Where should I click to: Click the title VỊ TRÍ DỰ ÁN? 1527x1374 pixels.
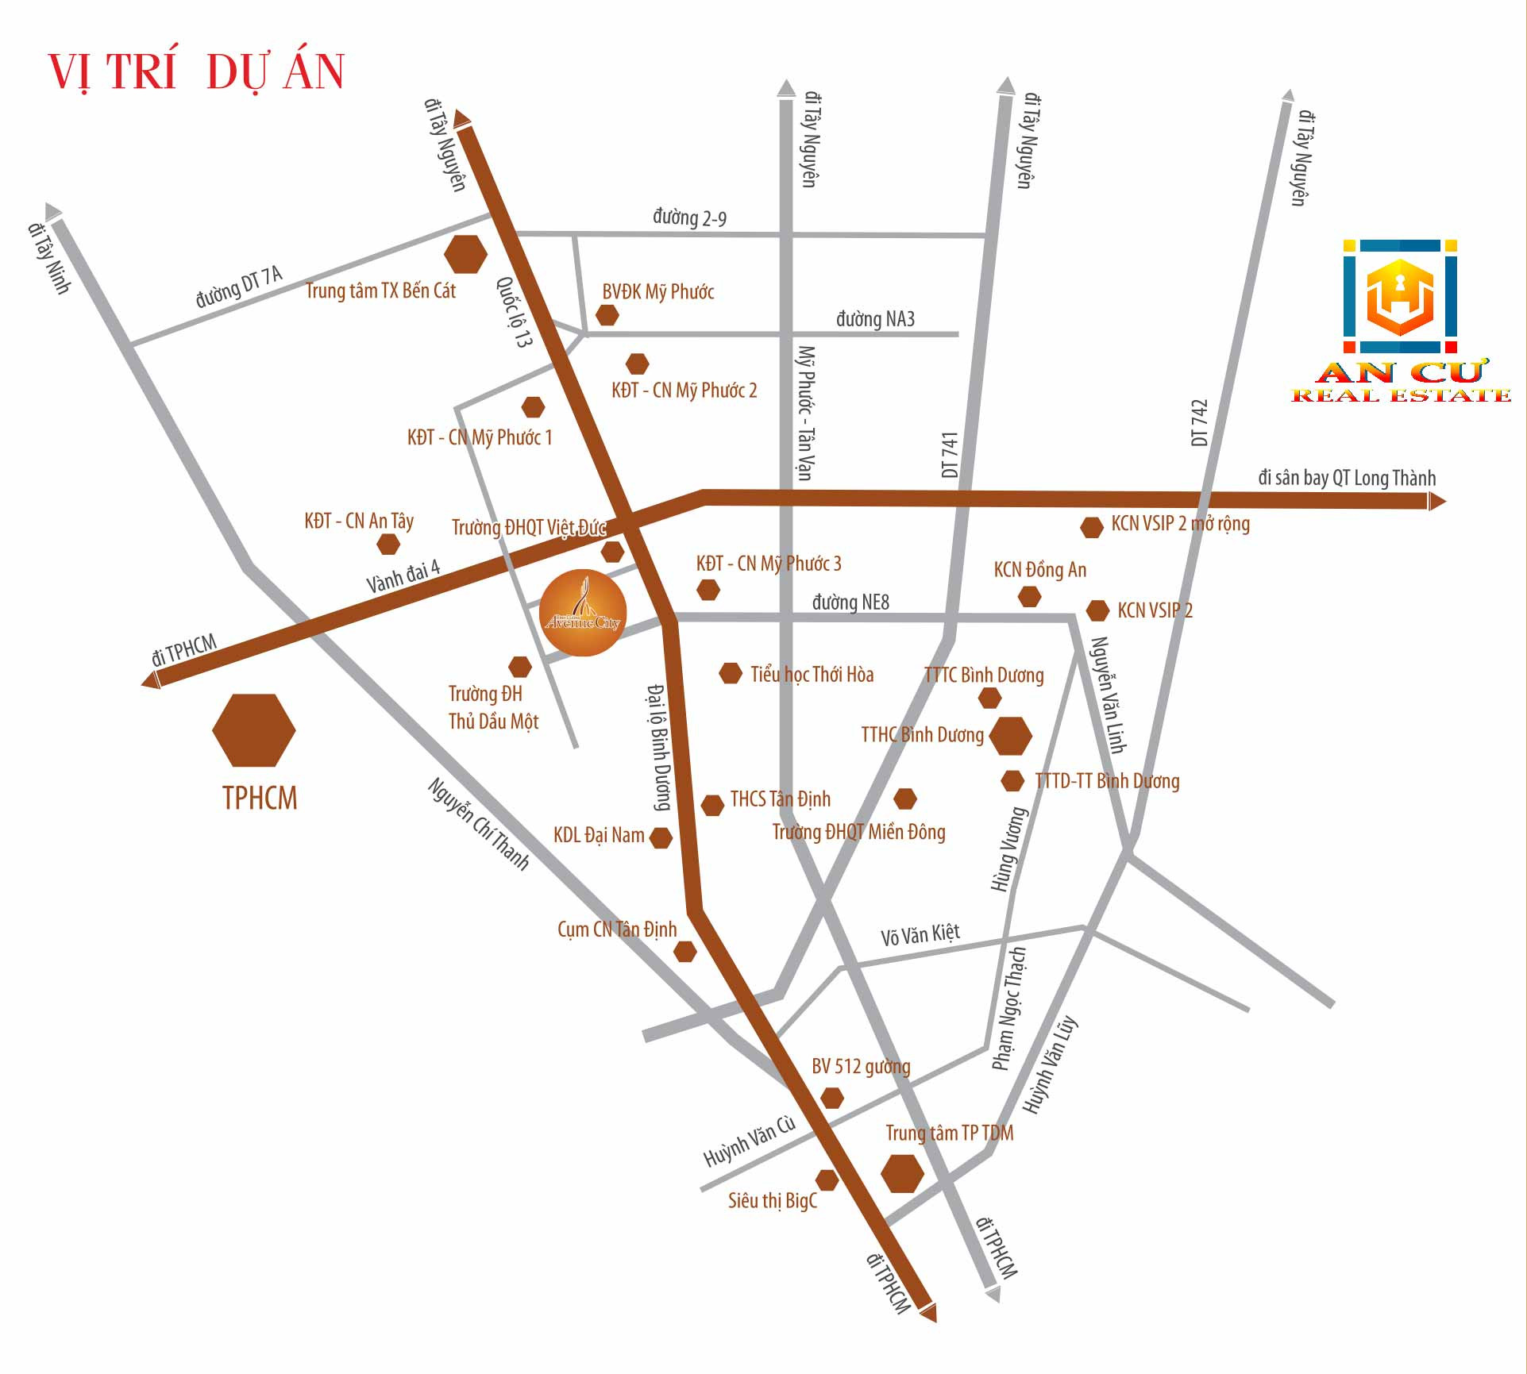coord(196,72)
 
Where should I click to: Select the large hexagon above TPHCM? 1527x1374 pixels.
coord(254,730)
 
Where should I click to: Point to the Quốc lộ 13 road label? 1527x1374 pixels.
coord(514,311)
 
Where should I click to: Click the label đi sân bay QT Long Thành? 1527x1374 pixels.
coord(1347,478)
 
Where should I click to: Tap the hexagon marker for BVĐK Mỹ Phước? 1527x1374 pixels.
coord(607,315)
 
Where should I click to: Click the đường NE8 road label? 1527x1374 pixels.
coord(850,602)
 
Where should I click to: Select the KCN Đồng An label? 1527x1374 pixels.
coord(1040,570)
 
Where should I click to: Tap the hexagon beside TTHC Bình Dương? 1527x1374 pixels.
coord(1010,736)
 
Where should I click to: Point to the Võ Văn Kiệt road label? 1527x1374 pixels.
coord(920,934)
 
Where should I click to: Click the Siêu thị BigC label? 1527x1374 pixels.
coord(772,1200)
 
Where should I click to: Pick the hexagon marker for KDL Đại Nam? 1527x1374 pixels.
coord(661,837)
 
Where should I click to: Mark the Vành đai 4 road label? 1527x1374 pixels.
coord(403,577)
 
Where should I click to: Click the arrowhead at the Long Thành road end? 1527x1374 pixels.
coord(1436,501)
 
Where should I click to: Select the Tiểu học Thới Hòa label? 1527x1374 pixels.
coord(812,675)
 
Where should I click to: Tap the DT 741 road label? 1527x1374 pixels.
coord(950,455)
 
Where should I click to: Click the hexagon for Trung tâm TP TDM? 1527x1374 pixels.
coord(903,1173)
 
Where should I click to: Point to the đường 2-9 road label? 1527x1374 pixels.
coord(689,217)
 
